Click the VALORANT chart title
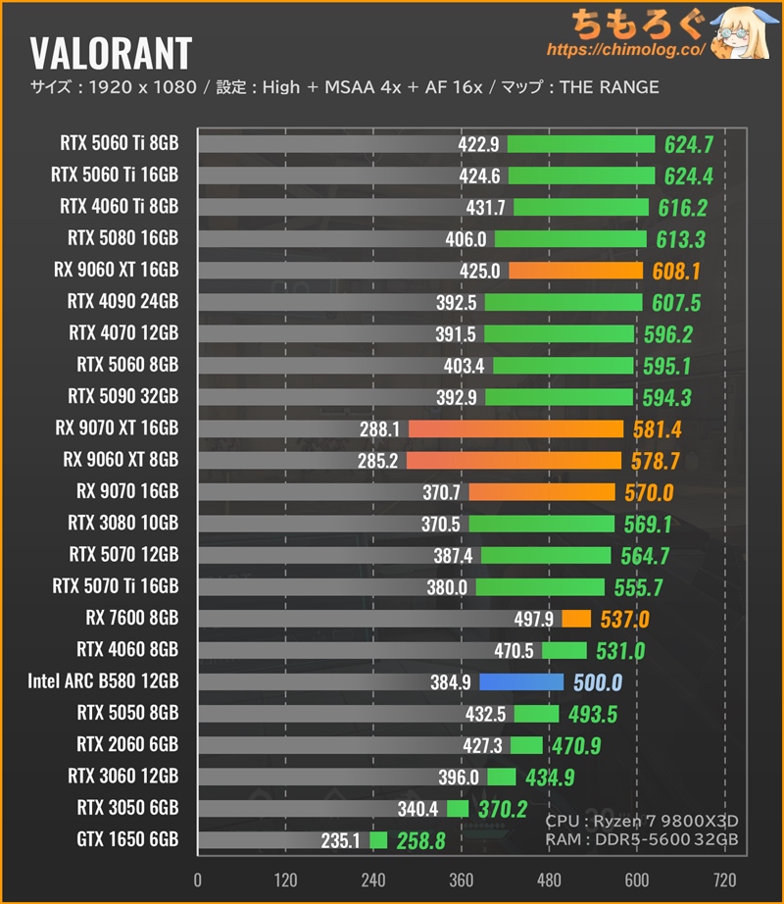click(x=111, y=52)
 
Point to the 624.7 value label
click(x=688, y=145)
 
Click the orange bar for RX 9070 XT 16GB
click(x=515, y=428)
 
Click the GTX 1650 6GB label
click(x=127, y=839)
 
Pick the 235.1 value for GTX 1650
click(x=340, y=840)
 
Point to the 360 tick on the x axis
click(x=461, y=879)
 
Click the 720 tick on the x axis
click(x=724, y=879)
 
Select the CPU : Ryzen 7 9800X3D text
click(x=641, y=820)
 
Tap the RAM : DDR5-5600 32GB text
click(x=641, y=840)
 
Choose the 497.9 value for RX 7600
click(x=534, y=619)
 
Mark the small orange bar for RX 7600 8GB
click(x=575, y=618)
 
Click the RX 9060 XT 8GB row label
click(x=121, y=459)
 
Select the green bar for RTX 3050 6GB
click(x=458, y=808)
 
